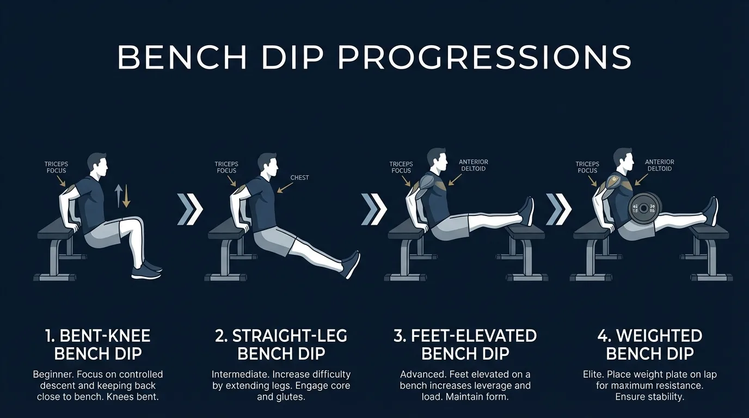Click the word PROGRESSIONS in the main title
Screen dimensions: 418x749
(484, 57)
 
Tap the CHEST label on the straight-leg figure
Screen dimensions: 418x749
(299, 177)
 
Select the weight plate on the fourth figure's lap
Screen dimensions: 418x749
(644, 207)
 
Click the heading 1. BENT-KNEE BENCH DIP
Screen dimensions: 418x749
(98, 345)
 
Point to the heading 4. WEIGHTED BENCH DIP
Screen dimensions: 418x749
(649, 345)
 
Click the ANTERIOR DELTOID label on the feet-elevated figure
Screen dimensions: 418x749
(473, 165)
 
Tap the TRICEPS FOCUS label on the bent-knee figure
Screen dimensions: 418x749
(56, 167)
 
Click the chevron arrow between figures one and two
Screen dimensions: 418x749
(190, 207)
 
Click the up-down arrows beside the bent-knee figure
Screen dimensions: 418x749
(122, 196)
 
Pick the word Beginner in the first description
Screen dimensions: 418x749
(53, 374)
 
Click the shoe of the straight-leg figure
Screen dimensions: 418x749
(351, 264)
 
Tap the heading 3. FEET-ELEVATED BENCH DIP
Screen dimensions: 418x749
(465, 345)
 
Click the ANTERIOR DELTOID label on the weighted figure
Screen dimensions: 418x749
(659, 165)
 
